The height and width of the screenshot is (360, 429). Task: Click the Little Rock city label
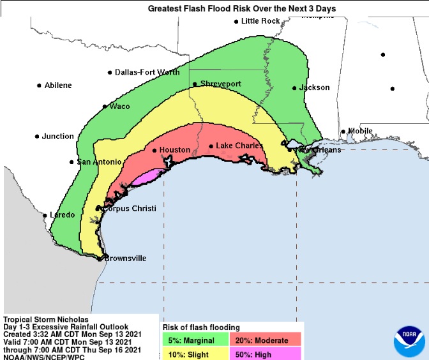260,21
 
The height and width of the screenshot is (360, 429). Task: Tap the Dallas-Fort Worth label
147,73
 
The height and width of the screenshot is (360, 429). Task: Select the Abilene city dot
39,86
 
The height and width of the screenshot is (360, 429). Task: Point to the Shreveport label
220,84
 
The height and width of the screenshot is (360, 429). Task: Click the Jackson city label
315,87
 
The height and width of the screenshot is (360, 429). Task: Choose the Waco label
120,107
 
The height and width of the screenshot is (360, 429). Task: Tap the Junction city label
58,137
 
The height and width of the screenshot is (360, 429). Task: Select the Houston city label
174,150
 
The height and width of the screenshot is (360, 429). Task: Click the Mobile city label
360,131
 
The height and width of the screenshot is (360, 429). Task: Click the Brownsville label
125,259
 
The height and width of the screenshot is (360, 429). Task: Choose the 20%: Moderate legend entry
267,340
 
